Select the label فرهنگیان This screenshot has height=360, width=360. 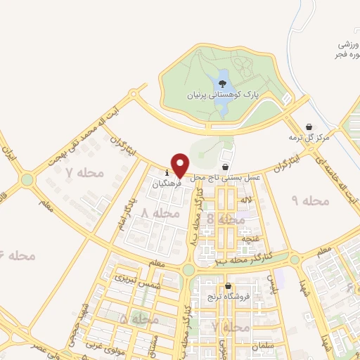[167, 182]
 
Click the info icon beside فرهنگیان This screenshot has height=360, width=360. [167, 172]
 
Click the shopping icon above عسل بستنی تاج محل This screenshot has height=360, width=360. [225, 167]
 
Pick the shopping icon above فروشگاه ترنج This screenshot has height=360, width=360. [229, 286]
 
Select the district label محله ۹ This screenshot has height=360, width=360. [310, 201]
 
